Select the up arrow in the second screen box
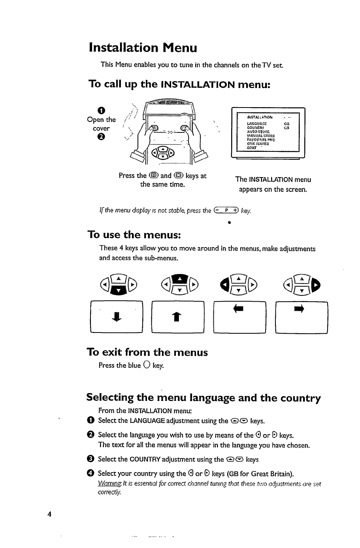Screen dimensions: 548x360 coord(177,319)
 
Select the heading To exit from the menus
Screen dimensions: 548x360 coord(147,352)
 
